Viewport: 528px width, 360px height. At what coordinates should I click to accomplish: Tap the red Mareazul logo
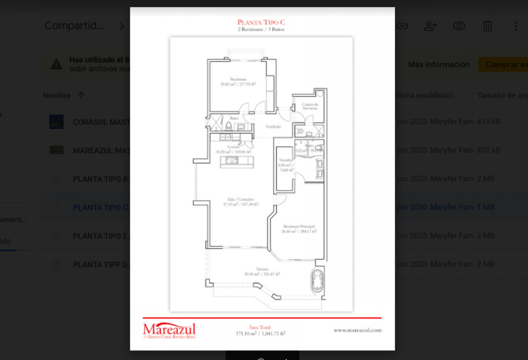click(x=169, y=330)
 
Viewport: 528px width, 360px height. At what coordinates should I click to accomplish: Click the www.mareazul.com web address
click(x=357, y=330)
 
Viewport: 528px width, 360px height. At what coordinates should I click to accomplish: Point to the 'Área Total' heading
click(x=260, y=327)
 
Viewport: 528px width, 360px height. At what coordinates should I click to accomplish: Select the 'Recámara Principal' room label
click(x=299, y=226)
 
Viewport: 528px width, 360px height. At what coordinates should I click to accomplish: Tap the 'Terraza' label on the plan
click(x=262, y=269)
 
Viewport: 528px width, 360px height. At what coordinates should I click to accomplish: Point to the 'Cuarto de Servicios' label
click(x=310, y=106)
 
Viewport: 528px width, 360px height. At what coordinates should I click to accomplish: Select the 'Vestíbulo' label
click(x=273, y=127)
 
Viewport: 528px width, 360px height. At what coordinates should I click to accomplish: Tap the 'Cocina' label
click(x=233, y=147)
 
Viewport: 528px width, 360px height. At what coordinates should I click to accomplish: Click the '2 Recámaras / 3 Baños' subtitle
click(x=262, y=29)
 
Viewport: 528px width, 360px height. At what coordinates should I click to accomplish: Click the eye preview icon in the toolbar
click(x=459, y=26)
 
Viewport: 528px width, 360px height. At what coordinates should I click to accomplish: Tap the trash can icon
click(x=488, y=26)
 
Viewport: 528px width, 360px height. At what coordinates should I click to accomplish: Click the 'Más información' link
click(x=439, y=65)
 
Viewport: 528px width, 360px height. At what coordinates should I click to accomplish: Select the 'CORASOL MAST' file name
click(x=101, y=122)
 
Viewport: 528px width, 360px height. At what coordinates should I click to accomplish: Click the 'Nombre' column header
click(x=57, y=96)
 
